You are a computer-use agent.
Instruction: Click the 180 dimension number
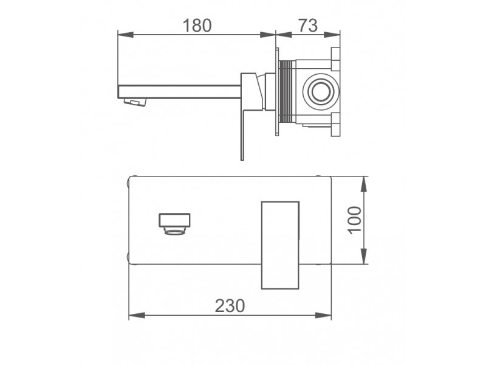[197, 26]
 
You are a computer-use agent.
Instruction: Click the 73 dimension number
[308, 26]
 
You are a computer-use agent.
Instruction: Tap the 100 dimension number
[355, 220]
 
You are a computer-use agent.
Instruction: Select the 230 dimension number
[230, 306]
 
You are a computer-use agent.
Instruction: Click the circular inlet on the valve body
[321, 92]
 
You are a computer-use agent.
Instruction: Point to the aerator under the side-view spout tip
[135, 102]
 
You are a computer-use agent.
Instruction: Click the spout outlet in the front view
[174, 224]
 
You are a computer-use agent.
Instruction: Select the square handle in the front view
[280, 245]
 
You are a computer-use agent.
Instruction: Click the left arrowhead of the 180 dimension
[125, 35]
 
